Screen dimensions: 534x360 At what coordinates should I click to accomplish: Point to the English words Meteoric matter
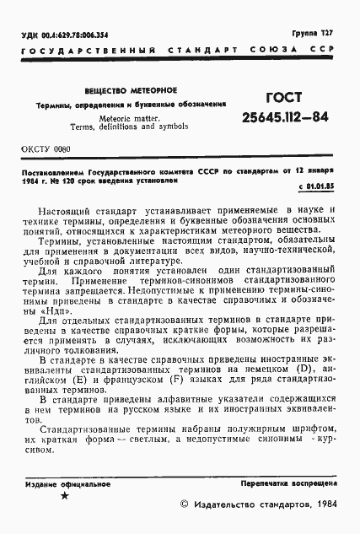pos(130,118)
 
